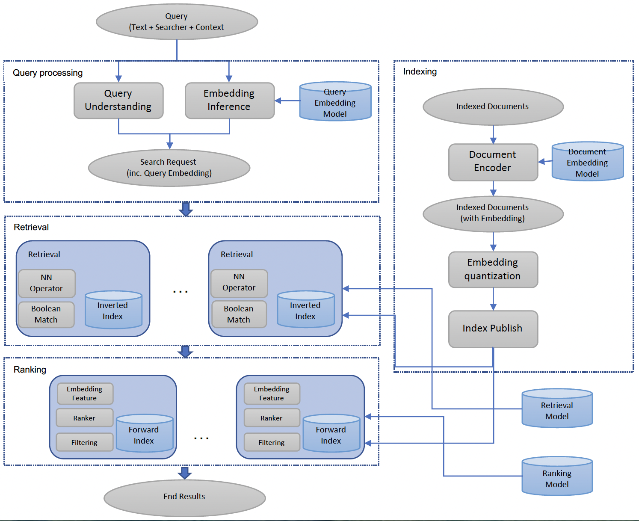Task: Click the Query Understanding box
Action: (x=118, y=101)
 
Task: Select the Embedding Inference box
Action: (x=229, y=101)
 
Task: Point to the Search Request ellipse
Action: (x=169, y=168)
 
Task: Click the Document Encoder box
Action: (x=493, y=162)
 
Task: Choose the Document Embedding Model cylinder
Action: (x=587, y=162)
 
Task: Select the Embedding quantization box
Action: (x=493, y=269)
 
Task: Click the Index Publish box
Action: (x=493, y=329)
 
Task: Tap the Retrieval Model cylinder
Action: (x=557, y=409)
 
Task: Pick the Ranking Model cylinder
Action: (x=557, y=477)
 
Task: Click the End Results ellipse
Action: (x=184, y=497)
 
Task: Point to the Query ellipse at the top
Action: (x=177, y=22)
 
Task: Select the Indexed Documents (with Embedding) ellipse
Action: (x=493, y=213)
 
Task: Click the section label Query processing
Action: (x=47, y=73)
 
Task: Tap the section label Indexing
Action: (x=420, y=71)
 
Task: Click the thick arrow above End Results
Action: (x=184, y=473)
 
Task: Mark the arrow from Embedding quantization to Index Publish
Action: (x=493, y=299)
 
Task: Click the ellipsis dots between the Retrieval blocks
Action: (x=180, y=292)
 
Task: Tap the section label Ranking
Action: (x=30, y=370)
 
